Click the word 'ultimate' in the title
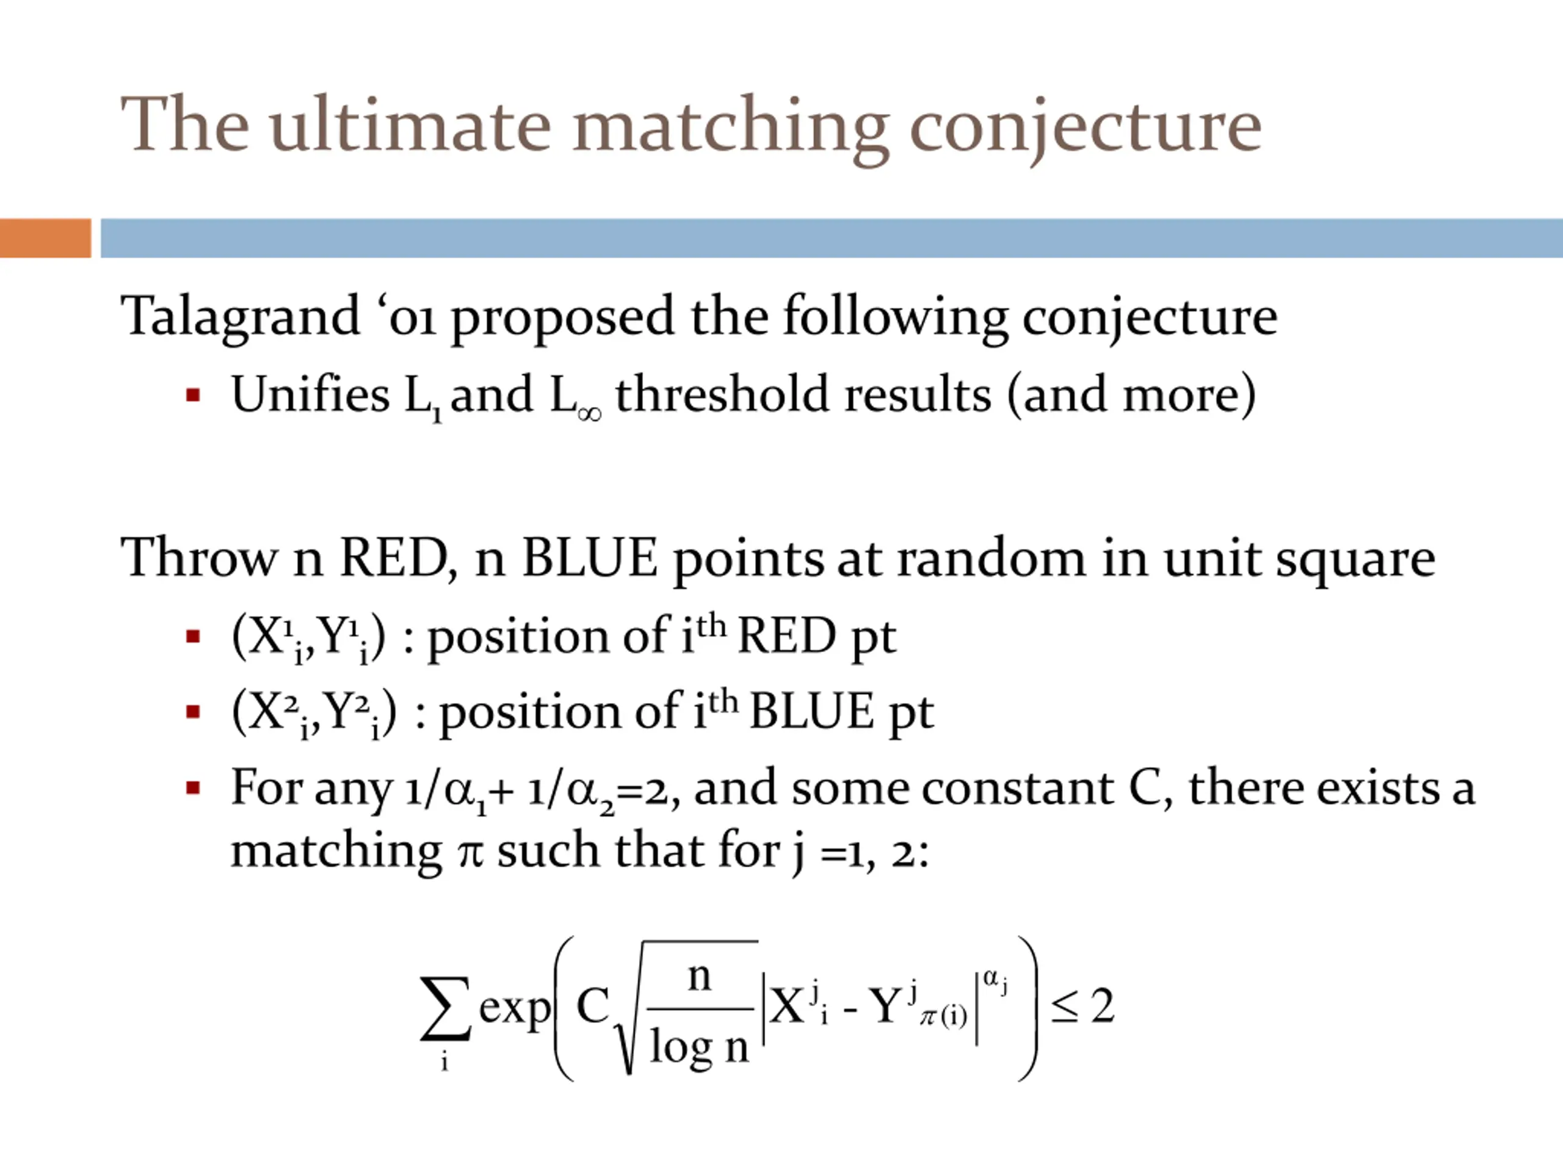tap(410, 126)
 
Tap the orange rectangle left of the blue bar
tap(45, 238)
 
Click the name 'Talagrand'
tap(240, 316)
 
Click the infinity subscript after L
tap(589, 413)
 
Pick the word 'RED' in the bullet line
tap(786, 636)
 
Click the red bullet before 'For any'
tap(193, 787)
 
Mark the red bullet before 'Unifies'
tap(193, 395)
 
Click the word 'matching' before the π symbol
tap(336, 850)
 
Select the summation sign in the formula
tap(445, 1009)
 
